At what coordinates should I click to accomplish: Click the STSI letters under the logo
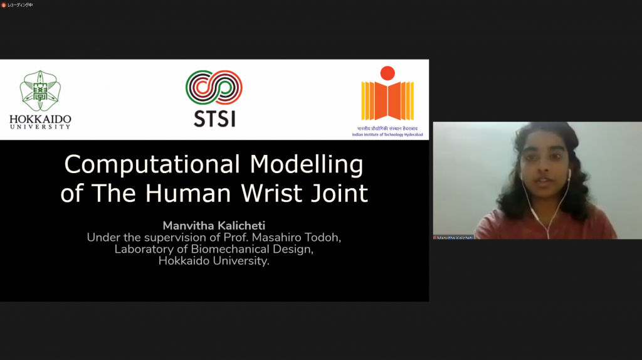[214, 119]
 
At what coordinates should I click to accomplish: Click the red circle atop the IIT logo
[388, 73]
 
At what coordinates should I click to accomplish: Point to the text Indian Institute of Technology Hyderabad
[387, 134]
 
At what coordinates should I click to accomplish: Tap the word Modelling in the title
[307, 165]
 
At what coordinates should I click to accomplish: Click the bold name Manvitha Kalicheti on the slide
[214, 226]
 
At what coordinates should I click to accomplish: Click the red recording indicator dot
[4, 5]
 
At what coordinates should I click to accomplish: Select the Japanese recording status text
[20, 5]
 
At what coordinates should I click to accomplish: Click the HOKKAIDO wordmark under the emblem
[40, 119]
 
